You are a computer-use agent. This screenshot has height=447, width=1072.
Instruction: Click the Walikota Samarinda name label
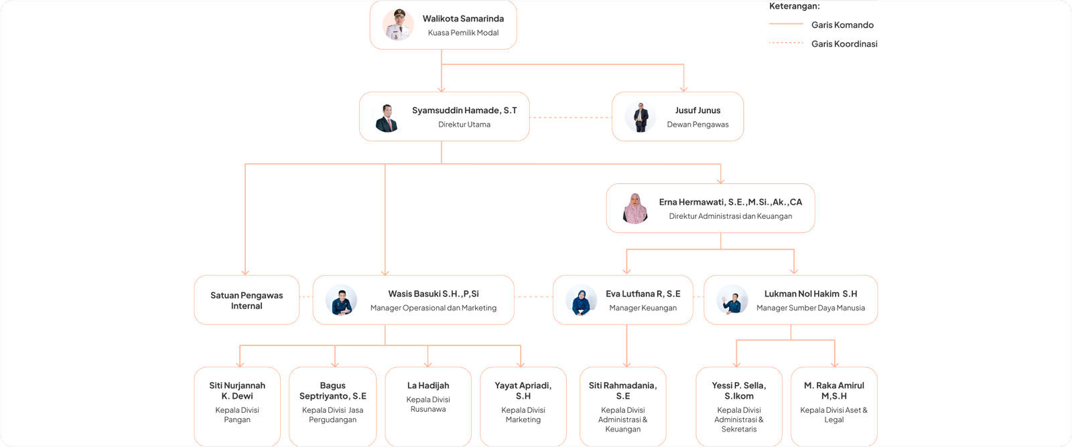(x=463, y=19)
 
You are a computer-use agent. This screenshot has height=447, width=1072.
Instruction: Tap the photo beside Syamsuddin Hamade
(x=387, y=117)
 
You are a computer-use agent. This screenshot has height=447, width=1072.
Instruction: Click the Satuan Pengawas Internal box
(x=247, y=300)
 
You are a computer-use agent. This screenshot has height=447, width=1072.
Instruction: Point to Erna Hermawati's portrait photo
(x=635, y=208)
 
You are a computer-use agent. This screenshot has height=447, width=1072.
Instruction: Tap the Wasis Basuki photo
(x=342, y=300)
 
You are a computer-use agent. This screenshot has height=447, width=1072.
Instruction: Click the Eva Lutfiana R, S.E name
(x=643, y=294)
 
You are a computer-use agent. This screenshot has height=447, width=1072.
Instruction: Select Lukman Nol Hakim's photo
(x=732, y=300)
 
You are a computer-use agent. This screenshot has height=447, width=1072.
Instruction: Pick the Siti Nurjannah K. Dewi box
(x=237, y=404)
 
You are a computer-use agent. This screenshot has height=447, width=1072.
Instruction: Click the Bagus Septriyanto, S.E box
(x=332, y=404)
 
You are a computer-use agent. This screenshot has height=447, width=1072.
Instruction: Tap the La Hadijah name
(x=428, y=385)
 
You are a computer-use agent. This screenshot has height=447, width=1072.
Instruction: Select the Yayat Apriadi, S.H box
(x=523, y=404)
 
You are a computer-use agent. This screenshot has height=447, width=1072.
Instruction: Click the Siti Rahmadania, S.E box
(x=623, y=406)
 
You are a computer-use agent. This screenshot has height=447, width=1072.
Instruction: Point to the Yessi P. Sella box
(x=739, y=406)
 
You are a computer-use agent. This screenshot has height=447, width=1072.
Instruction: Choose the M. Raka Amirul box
(x=834, y=404)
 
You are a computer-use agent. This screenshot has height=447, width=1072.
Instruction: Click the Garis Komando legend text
(x=842, y=25)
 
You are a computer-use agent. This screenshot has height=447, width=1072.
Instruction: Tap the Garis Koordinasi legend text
(x=844, y=43)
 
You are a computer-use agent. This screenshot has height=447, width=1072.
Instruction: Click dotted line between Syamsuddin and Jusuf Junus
(x=571, y=118)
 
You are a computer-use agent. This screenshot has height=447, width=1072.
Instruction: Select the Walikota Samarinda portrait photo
(x=394, y=25)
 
